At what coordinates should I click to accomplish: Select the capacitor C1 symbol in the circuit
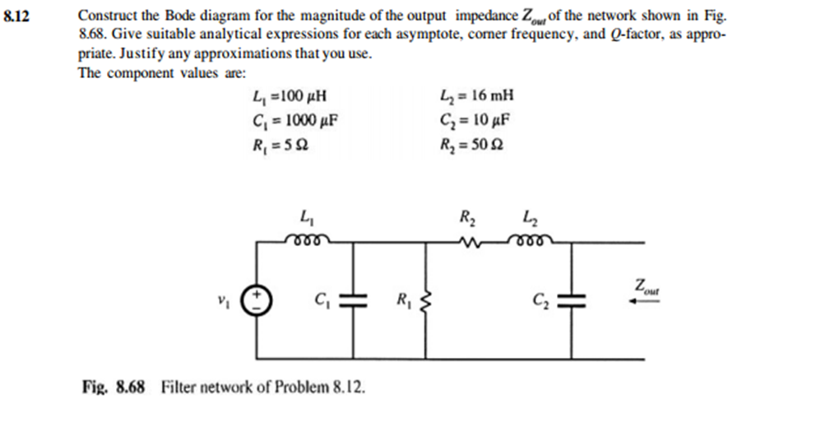click(355, 300)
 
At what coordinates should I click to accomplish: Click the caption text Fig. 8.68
click(114, 386)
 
